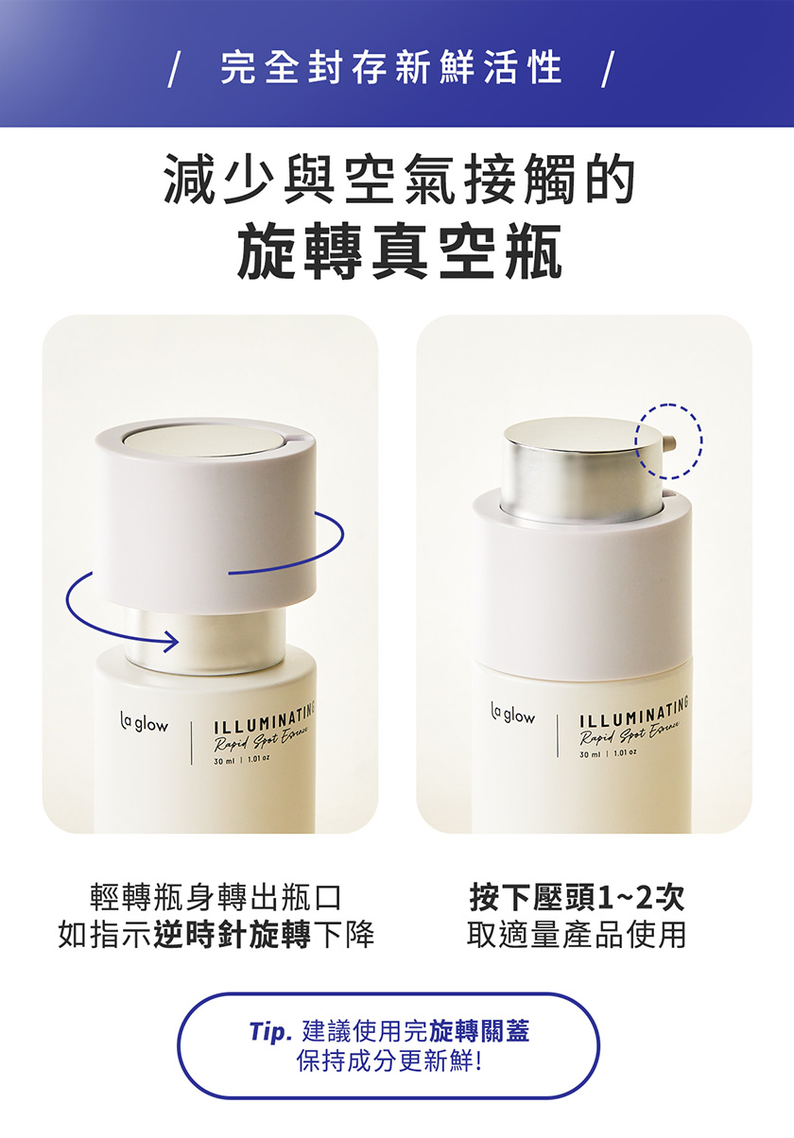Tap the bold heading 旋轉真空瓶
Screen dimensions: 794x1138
[x=400, y=251]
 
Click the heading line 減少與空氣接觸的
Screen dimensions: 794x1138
[x=400, y=179]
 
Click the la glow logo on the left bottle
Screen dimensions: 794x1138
[x=144, y=723]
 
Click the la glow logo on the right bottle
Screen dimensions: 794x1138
[x=512, y=715]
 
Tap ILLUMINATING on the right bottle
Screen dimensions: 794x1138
[x=634, y=711]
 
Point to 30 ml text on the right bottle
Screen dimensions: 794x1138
[x=590, y=755]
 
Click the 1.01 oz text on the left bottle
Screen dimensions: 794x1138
[x=259, y=758]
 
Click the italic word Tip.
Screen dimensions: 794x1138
[x=270, y=1032]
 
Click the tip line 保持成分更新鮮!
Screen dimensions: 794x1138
[x=389, y=1060]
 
